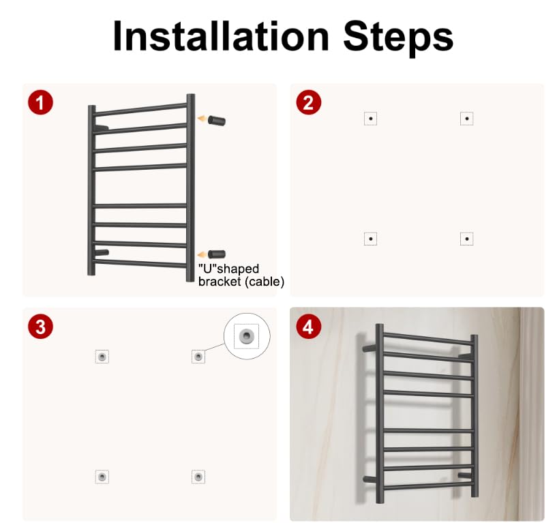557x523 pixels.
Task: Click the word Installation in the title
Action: pyautogui.click(x=221, y=36)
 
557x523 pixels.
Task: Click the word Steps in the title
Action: pyautogui.click(x=398, y=38)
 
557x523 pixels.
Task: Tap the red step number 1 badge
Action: pyautogui.click(x=40, y=102)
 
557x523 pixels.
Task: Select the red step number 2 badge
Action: pyautogui.click(x=308, y=102)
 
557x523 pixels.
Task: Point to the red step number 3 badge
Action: pyautogui.click(x=40, y=326)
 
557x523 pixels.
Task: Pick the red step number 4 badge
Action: pyautogui.click(x=308, y=326)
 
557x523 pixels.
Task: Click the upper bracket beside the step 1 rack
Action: pyautogui.click(x=216, y=121)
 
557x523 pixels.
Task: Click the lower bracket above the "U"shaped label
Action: pyautogui.click(x=216, y=254)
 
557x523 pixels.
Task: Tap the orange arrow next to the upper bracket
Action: pyautogui.click(x=202, y=119)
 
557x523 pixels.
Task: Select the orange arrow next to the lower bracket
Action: pyautogui.click(x=202, y=254)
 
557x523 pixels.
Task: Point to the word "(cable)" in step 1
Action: pyautogui.click(x=264, y=282)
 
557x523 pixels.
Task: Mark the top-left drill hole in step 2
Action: pyautogui.click(x=370, y=119)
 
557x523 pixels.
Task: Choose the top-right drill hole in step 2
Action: pyautogui.click(x=467, y=119)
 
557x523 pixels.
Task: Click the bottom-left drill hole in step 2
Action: pyautogui.click(x=370, y=239)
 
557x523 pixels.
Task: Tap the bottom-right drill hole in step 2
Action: pyautogui.click(x=467, y=239)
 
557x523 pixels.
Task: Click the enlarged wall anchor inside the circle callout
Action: pyautogui.click(x=246, y=335)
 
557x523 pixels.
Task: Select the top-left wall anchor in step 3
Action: pyautogui.click(x=102, y=357)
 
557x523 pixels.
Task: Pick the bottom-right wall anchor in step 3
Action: pyautogui.click(x=198, y=477)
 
